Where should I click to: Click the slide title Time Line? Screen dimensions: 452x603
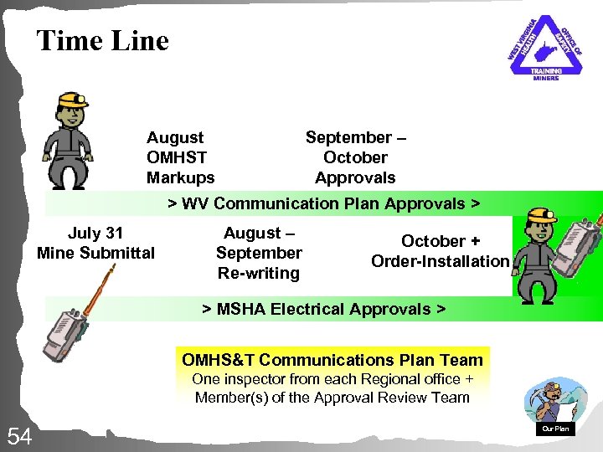point(102,40)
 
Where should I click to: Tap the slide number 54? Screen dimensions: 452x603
point(19,435)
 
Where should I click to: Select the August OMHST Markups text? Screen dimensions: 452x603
point(180,157)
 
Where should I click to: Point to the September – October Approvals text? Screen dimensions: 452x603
point(355,157)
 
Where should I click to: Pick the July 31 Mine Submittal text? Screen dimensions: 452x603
point(95,242)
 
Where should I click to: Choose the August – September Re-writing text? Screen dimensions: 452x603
point(259,253)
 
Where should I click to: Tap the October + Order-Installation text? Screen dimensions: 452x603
point(440,251)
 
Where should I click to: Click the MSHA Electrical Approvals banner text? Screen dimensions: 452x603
point(323,309)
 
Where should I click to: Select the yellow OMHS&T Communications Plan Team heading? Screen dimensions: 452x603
point(332,360)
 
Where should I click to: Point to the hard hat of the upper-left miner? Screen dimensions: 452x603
point(72,99)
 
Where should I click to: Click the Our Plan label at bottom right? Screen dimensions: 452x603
point(555,429)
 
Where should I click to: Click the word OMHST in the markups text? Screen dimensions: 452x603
point(176,157)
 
